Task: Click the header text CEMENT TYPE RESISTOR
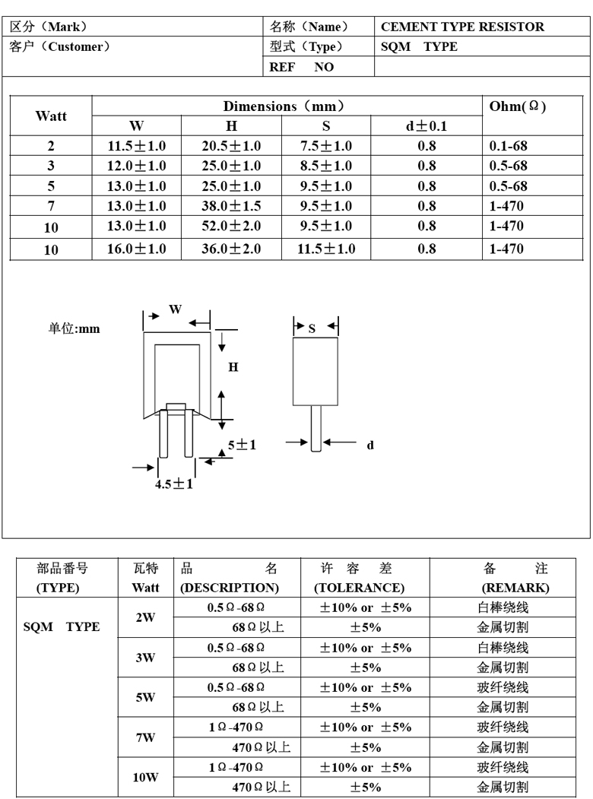tap(462, 27)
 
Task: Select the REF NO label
tap(302, 67)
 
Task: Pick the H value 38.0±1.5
tap(231, 206)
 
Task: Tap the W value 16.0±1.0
tap(137, 249)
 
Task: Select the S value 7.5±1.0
tap(326, 145)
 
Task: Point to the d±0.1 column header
tap(427, 126)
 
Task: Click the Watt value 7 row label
tap(51, 206)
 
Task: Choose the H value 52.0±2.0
tap(231, 227)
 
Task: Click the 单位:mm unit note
tap(74, 328)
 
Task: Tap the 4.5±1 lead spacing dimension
tap(174, 484)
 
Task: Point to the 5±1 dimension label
tap(242, 445)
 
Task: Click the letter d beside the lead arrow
tap(370, 445)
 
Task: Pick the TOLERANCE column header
tap(359, 588)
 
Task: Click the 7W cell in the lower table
tap(145, 737)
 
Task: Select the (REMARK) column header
tap(515, 588)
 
